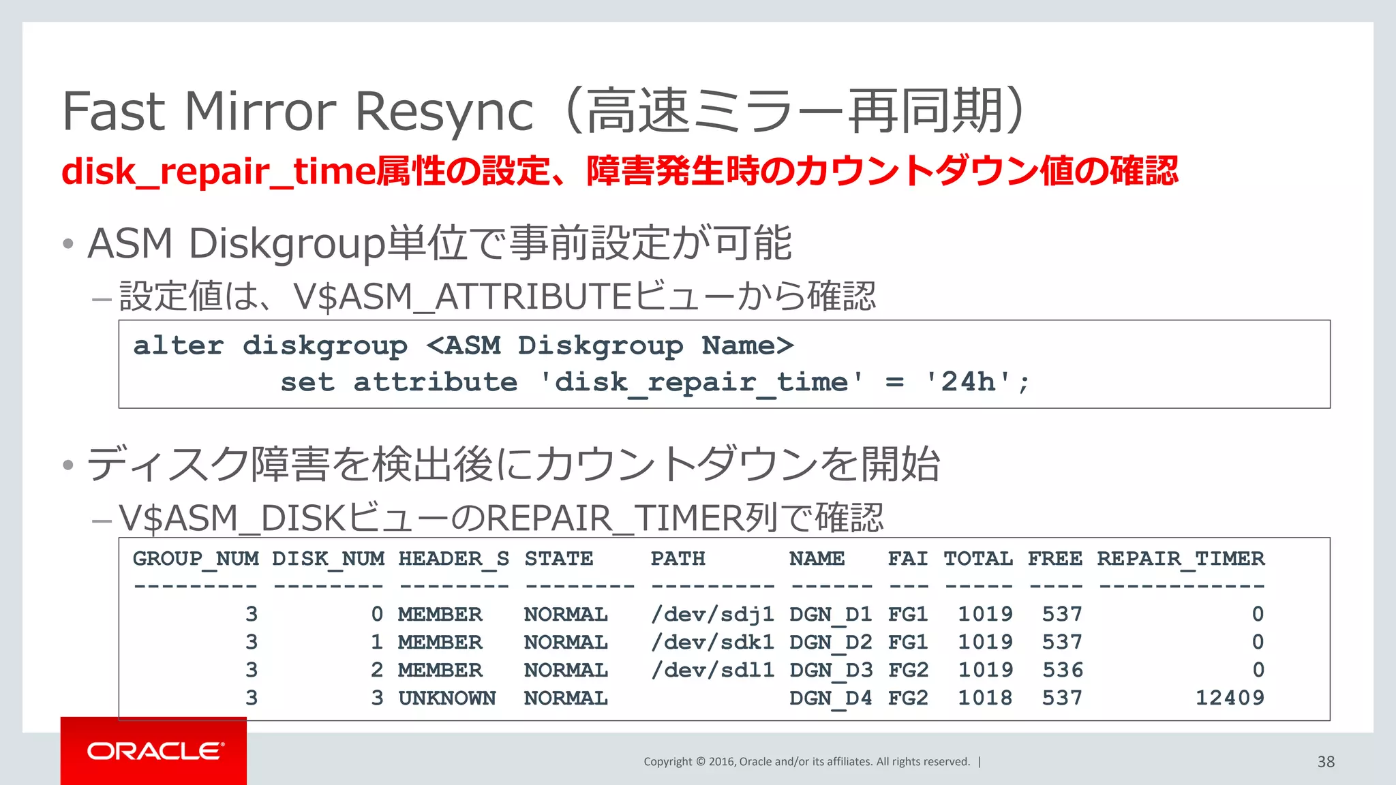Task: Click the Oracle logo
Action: [154, 751]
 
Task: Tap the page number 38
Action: [1325, 762]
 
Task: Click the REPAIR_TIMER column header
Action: [1180, 559]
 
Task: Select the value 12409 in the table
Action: [1229, 698]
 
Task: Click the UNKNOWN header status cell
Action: [446, 698]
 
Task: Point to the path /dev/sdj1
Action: [712, 615]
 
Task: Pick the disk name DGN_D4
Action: [830, 698]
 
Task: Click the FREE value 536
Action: [1062, 670]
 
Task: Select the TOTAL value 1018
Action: [985, 698]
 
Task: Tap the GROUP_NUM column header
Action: [196, 559]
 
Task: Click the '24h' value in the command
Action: [968, 382]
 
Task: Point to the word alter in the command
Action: [178, 345]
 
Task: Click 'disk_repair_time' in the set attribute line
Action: [701, 382]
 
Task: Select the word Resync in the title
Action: [444, 111]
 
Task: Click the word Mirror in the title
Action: [260, 111]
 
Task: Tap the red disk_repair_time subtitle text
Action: [217, 171]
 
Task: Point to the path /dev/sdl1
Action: [712, 670]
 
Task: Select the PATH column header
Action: [677, 559]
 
